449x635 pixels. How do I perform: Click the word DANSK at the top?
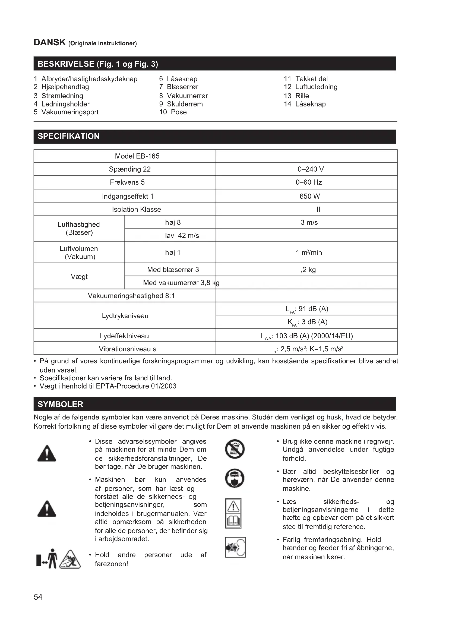(49, 43)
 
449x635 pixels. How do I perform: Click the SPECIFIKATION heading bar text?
(69, 136)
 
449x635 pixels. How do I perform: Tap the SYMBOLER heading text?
(60, 404)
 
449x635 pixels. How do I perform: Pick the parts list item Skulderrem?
(184, 104)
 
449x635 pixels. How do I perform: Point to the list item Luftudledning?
(316, 87)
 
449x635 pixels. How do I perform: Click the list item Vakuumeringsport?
(70, 112)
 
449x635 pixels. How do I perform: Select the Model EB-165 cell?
(137, 156)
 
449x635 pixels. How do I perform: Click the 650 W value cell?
(309, 196)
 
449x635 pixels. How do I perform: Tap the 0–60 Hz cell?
(309, 182)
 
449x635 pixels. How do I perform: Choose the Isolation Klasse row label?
(136, 209)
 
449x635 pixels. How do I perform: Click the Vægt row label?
(79, 277)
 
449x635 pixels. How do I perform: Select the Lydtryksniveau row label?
(125, 316)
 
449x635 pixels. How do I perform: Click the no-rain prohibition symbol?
(235, 449)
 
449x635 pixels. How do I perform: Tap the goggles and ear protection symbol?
(235, 478)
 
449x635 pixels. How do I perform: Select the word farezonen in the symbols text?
(110, 564)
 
